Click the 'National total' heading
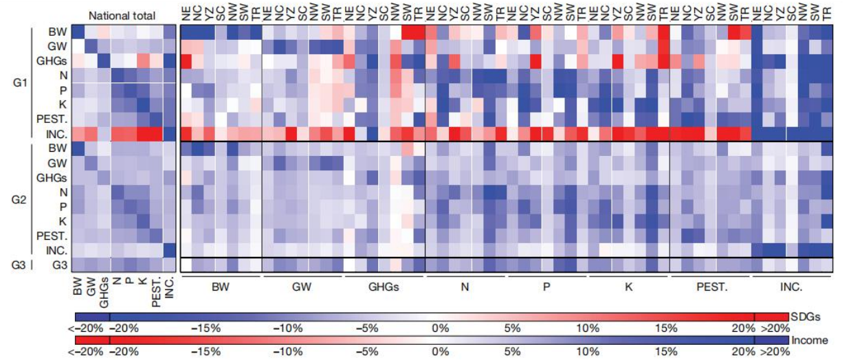(x=122, y=15)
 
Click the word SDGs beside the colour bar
(x=811, y=317)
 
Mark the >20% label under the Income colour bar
(x=773, y=352)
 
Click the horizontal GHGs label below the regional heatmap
(x=384, y=286)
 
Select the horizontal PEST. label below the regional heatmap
(x=710, y=286)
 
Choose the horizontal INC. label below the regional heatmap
(x=791, y=286)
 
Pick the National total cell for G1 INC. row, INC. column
(x=169, y=133)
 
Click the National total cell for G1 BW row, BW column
(x=78, y=32)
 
